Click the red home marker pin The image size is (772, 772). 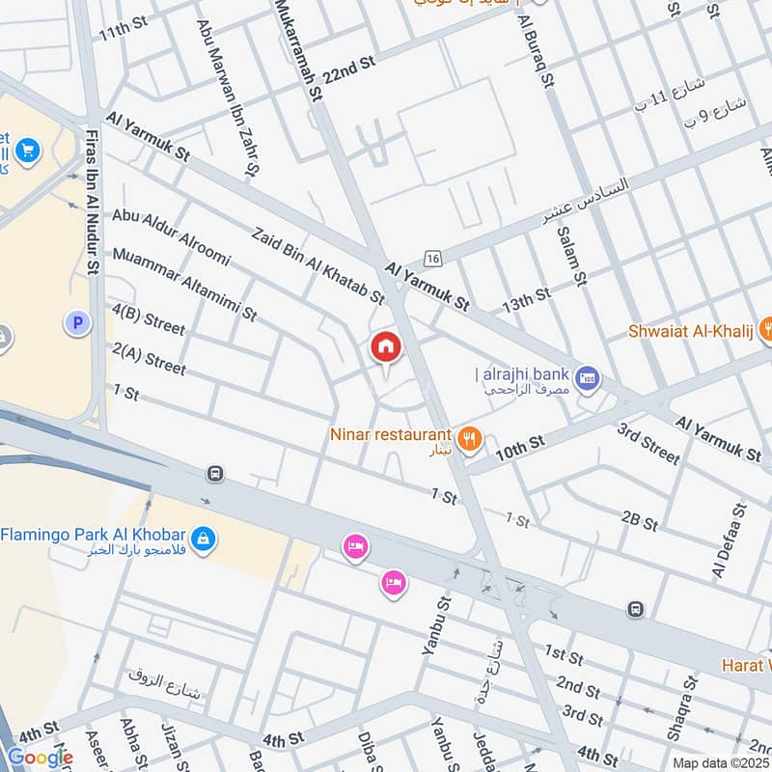385,347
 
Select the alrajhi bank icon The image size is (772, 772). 587,379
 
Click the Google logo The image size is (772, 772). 40,758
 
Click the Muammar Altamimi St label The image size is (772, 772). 184,284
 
